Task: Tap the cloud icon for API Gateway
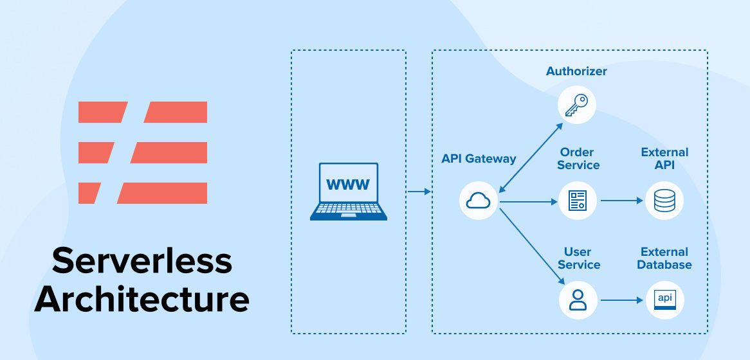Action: point(479,201)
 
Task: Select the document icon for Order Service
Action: point(576,201)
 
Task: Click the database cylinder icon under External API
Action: point(664,201)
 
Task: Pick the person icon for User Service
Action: point(578,300)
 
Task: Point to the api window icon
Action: point(664,300)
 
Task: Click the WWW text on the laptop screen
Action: point(348,185)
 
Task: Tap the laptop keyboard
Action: point(348,209)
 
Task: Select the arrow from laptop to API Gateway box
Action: point(419,192)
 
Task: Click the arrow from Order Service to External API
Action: point(622,201)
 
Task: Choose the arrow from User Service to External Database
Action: point(622,300)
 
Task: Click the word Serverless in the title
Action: point(142,261)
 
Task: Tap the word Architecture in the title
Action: point(142,299)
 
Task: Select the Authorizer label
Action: point(576,71)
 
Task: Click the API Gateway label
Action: point(479,159)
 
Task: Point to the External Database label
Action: point(664,258)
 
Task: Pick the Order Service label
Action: point(578,159)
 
